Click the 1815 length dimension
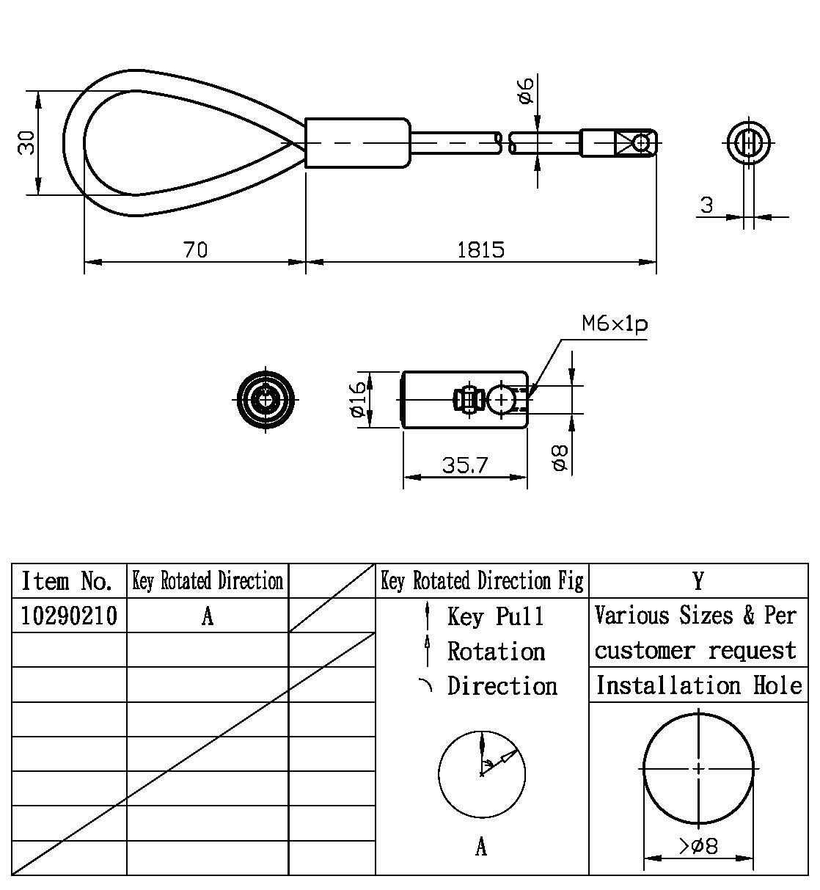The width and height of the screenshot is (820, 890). pos(480,250)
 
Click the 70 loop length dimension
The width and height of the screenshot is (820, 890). pos(195,250)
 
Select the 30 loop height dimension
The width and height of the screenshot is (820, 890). pos(26,142)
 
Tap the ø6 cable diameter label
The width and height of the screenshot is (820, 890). pos(525,89)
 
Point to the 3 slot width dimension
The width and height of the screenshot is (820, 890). pos(706,205)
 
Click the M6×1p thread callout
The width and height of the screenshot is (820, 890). pos(615,324)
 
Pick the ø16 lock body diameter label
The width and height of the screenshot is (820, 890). pos(358,399)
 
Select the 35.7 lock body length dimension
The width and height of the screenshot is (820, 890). pos(465,465)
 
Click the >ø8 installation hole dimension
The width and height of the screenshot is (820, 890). pos(698,846)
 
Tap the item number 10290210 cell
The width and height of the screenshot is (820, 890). pos(69,616)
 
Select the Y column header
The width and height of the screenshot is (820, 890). pos(698,581)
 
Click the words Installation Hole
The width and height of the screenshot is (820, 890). pos(698,685)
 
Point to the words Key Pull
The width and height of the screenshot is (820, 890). pos(496,616)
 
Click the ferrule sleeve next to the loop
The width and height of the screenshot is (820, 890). pos(357,142)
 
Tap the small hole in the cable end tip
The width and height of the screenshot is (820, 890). pos(643,142)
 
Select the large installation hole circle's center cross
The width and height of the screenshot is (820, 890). pos(698,768)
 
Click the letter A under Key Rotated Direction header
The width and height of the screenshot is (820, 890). pos(208,616)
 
